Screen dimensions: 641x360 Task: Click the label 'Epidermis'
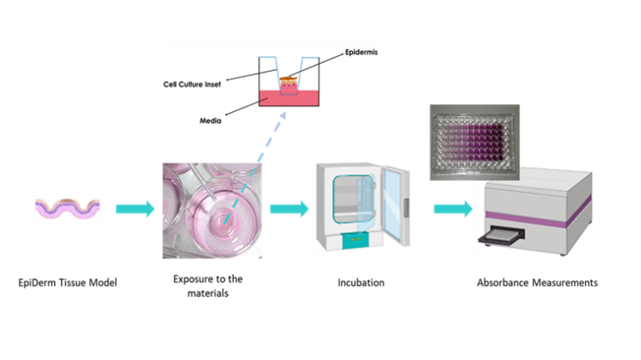coord(361,53)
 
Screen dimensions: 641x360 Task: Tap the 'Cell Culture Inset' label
coord(192,84)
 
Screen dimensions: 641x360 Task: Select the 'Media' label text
coord(210,120)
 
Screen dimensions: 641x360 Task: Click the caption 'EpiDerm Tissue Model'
coord(68,282)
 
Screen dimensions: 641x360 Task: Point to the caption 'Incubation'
coord(361,282)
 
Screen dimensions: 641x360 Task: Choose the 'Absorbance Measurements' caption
coord(538,282)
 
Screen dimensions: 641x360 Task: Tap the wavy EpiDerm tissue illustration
coord(68,209)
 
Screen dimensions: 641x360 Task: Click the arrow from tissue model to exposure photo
coord(135,209)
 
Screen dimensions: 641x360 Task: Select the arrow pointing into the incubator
coord(289,209)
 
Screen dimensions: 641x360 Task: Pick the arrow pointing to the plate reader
coord(453,209)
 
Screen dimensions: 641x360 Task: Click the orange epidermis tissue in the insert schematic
coord(288,79)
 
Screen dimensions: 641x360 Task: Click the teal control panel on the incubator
coord(355,240)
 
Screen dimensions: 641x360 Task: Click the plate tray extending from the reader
coord(501,236)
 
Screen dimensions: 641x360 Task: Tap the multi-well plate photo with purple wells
coord(475,142)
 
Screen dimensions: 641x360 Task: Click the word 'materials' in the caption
coord(208,293)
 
